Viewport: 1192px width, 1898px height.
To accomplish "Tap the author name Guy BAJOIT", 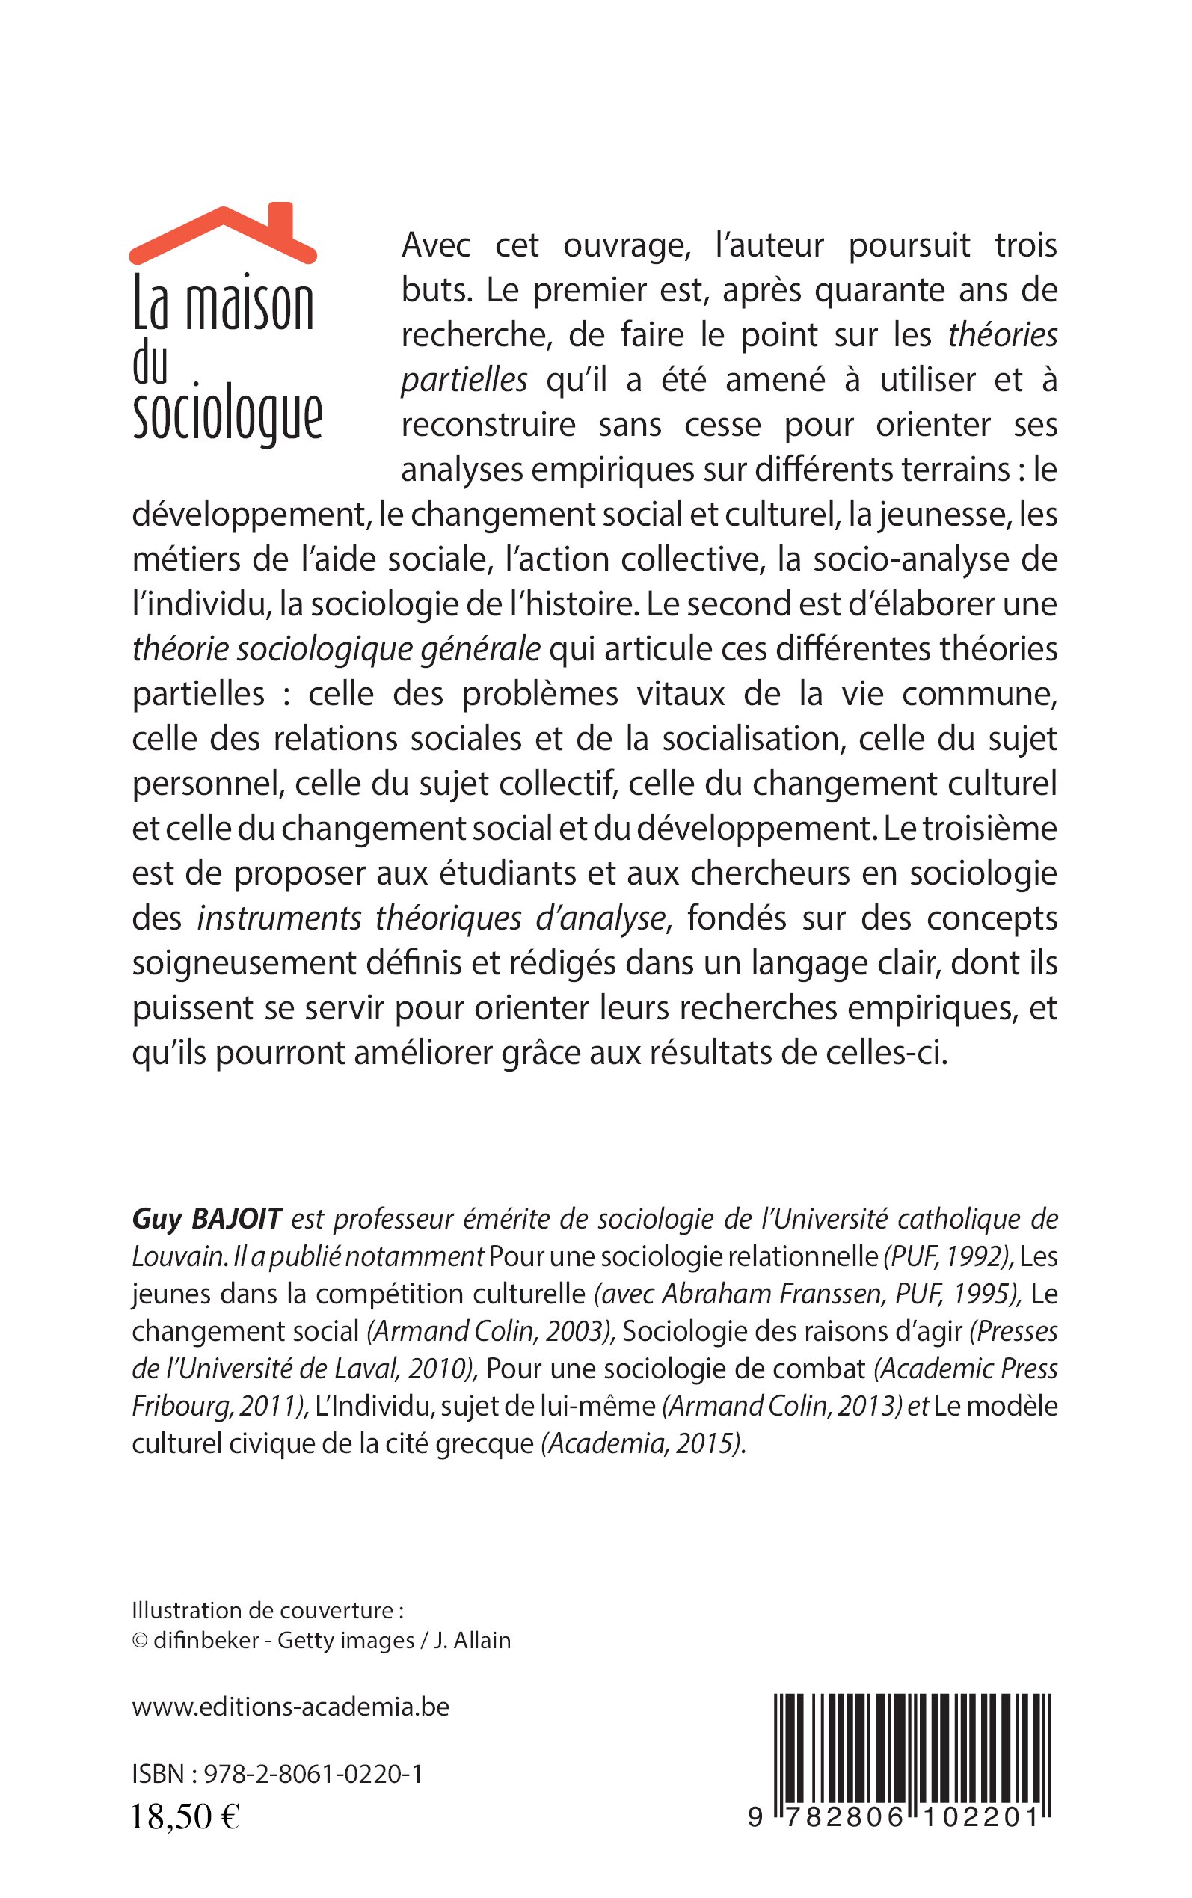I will (x=206, y=1220).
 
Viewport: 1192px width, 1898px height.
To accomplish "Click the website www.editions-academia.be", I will (x=290, y=1707).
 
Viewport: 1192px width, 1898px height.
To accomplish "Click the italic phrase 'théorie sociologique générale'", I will (x=337, y=649).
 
